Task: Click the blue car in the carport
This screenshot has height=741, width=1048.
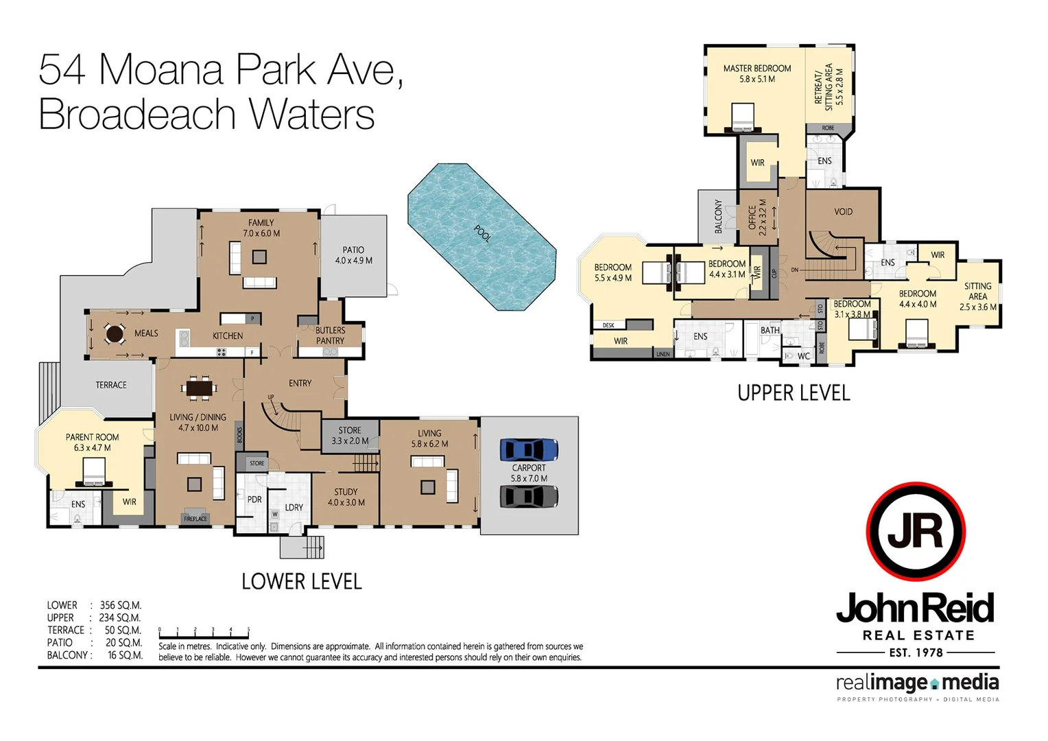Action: tap(529, 450)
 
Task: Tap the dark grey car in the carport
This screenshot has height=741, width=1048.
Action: tap(529, 496)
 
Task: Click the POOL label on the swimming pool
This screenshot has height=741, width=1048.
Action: tap(483, 234)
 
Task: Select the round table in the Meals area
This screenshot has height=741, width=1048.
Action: tap(115, 334)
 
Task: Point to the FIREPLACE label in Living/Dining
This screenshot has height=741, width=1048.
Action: tap(195, 519)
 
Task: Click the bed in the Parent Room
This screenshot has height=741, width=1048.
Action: tap(94, 472)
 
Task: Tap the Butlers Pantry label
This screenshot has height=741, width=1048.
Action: tap(330, 336)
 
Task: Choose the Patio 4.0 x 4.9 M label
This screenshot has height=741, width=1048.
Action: tap(353, 255)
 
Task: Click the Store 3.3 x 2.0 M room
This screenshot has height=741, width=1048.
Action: tap(350, 436)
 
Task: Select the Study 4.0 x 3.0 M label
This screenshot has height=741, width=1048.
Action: tap(346, 497)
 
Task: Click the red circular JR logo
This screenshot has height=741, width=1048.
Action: tap(916, 532)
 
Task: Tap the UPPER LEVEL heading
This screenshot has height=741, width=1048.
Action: tap(794, 393)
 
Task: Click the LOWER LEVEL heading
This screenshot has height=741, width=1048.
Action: tap(301, 582)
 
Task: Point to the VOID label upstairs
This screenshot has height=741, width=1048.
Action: tap(843, 212)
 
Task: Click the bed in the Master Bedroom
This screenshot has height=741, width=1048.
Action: tap(743, 117)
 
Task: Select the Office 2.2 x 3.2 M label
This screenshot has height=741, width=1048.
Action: tap(757, 217)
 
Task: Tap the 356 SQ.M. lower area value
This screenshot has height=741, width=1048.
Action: tap(121, 605)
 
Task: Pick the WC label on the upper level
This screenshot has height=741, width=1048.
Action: tap(803, 356)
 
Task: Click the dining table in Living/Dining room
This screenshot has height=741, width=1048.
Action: tap(200, 389)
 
